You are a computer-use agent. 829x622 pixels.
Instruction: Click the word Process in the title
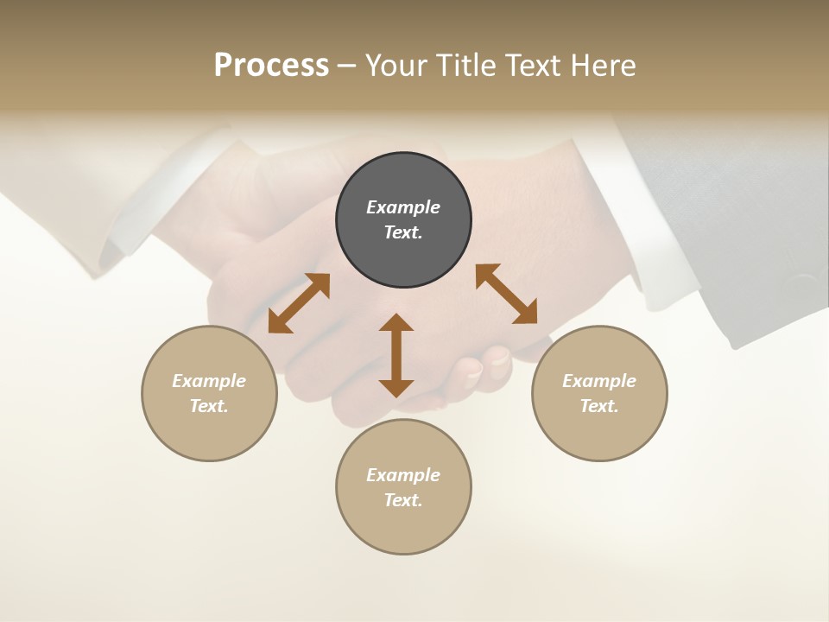[x=271, y=65]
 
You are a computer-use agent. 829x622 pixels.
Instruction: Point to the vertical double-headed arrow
[x=396, y=355]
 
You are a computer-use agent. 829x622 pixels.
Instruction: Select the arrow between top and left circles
[x=299, y=303]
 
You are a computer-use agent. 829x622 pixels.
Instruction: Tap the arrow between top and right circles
[x=506, y=294]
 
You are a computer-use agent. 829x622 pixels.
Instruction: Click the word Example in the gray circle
[x=403, y=207]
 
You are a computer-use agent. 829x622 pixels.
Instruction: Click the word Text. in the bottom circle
[x=403, y=500]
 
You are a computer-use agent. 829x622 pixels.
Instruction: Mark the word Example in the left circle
[x=209, y=381]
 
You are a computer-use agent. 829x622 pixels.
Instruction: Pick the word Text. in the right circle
[x=599, y=406]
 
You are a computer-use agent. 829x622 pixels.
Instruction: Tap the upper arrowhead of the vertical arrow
[x=396, y=323]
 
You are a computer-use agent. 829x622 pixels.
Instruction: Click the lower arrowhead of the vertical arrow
[x=396, y=387]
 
